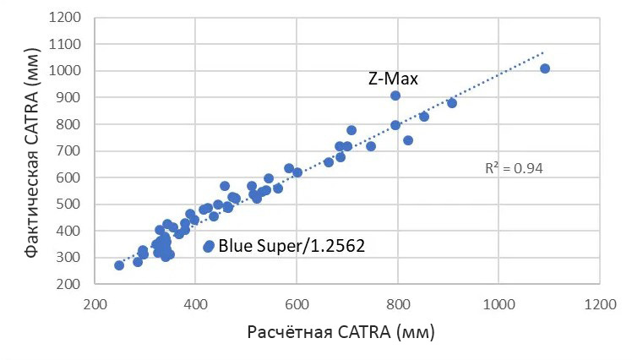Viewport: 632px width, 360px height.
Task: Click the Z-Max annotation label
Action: (x=394, y=79)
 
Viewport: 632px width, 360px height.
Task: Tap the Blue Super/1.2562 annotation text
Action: (x=291, y=246)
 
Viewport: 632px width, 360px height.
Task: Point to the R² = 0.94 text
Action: (x=514, y=168)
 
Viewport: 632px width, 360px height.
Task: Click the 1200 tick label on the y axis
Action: (x=68, y=17)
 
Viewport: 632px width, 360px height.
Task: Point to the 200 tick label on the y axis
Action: (x=72, y=284)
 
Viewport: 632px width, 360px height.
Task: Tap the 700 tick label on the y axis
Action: (x=72, y=150)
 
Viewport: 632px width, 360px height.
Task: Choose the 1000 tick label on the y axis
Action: (x=68, y=70)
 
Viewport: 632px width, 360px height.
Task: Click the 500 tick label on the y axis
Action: (x=72, y=204)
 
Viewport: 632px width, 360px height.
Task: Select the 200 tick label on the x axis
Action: (x=95, y=302)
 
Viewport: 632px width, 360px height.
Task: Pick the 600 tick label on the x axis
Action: (x=297, y=302)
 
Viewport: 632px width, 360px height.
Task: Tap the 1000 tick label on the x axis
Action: (x=499, y=302)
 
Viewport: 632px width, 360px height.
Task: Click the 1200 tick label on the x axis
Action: (x=601, y=302)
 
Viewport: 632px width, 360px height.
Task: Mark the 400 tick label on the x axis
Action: (x=196, y=302)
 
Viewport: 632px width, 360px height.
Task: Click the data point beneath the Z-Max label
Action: (x=395, y=95)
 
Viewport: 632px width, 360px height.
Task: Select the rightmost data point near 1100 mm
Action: (x=545, y=68)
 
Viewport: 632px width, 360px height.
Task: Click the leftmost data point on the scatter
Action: (x=119, y=265)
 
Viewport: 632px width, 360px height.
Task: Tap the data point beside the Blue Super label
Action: (x=209, y=246)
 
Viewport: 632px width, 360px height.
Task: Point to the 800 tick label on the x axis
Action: (x=399, y=302)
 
